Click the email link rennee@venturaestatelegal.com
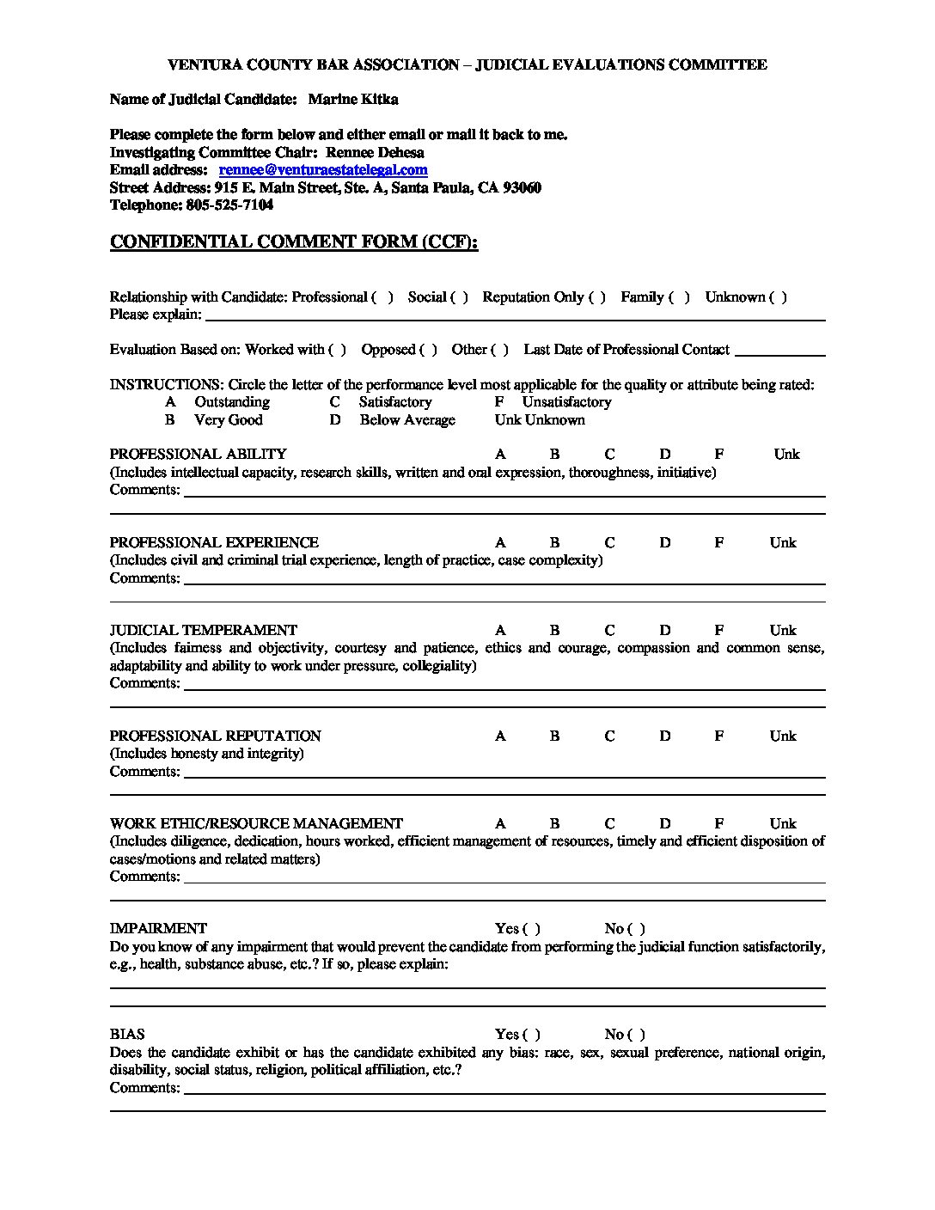[323, 170]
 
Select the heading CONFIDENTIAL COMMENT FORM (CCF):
[294, 242]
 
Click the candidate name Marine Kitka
[352, 100]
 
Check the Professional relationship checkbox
[382, 297]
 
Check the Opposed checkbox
[428, 350]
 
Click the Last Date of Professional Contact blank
[780, 351]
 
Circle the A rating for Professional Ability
[500, 455]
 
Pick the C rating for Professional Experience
[609, 543]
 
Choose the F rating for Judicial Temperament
[718, 631]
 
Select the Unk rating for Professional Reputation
[783, 736]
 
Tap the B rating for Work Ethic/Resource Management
[554, 824]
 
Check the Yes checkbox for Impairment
[531, 929]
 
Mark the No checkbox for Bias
[636, 1035]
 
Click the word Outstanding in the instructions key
[232, 402]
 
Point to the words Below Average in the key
[407, 420]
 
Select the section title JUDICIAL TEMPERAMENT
[203, 631]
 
